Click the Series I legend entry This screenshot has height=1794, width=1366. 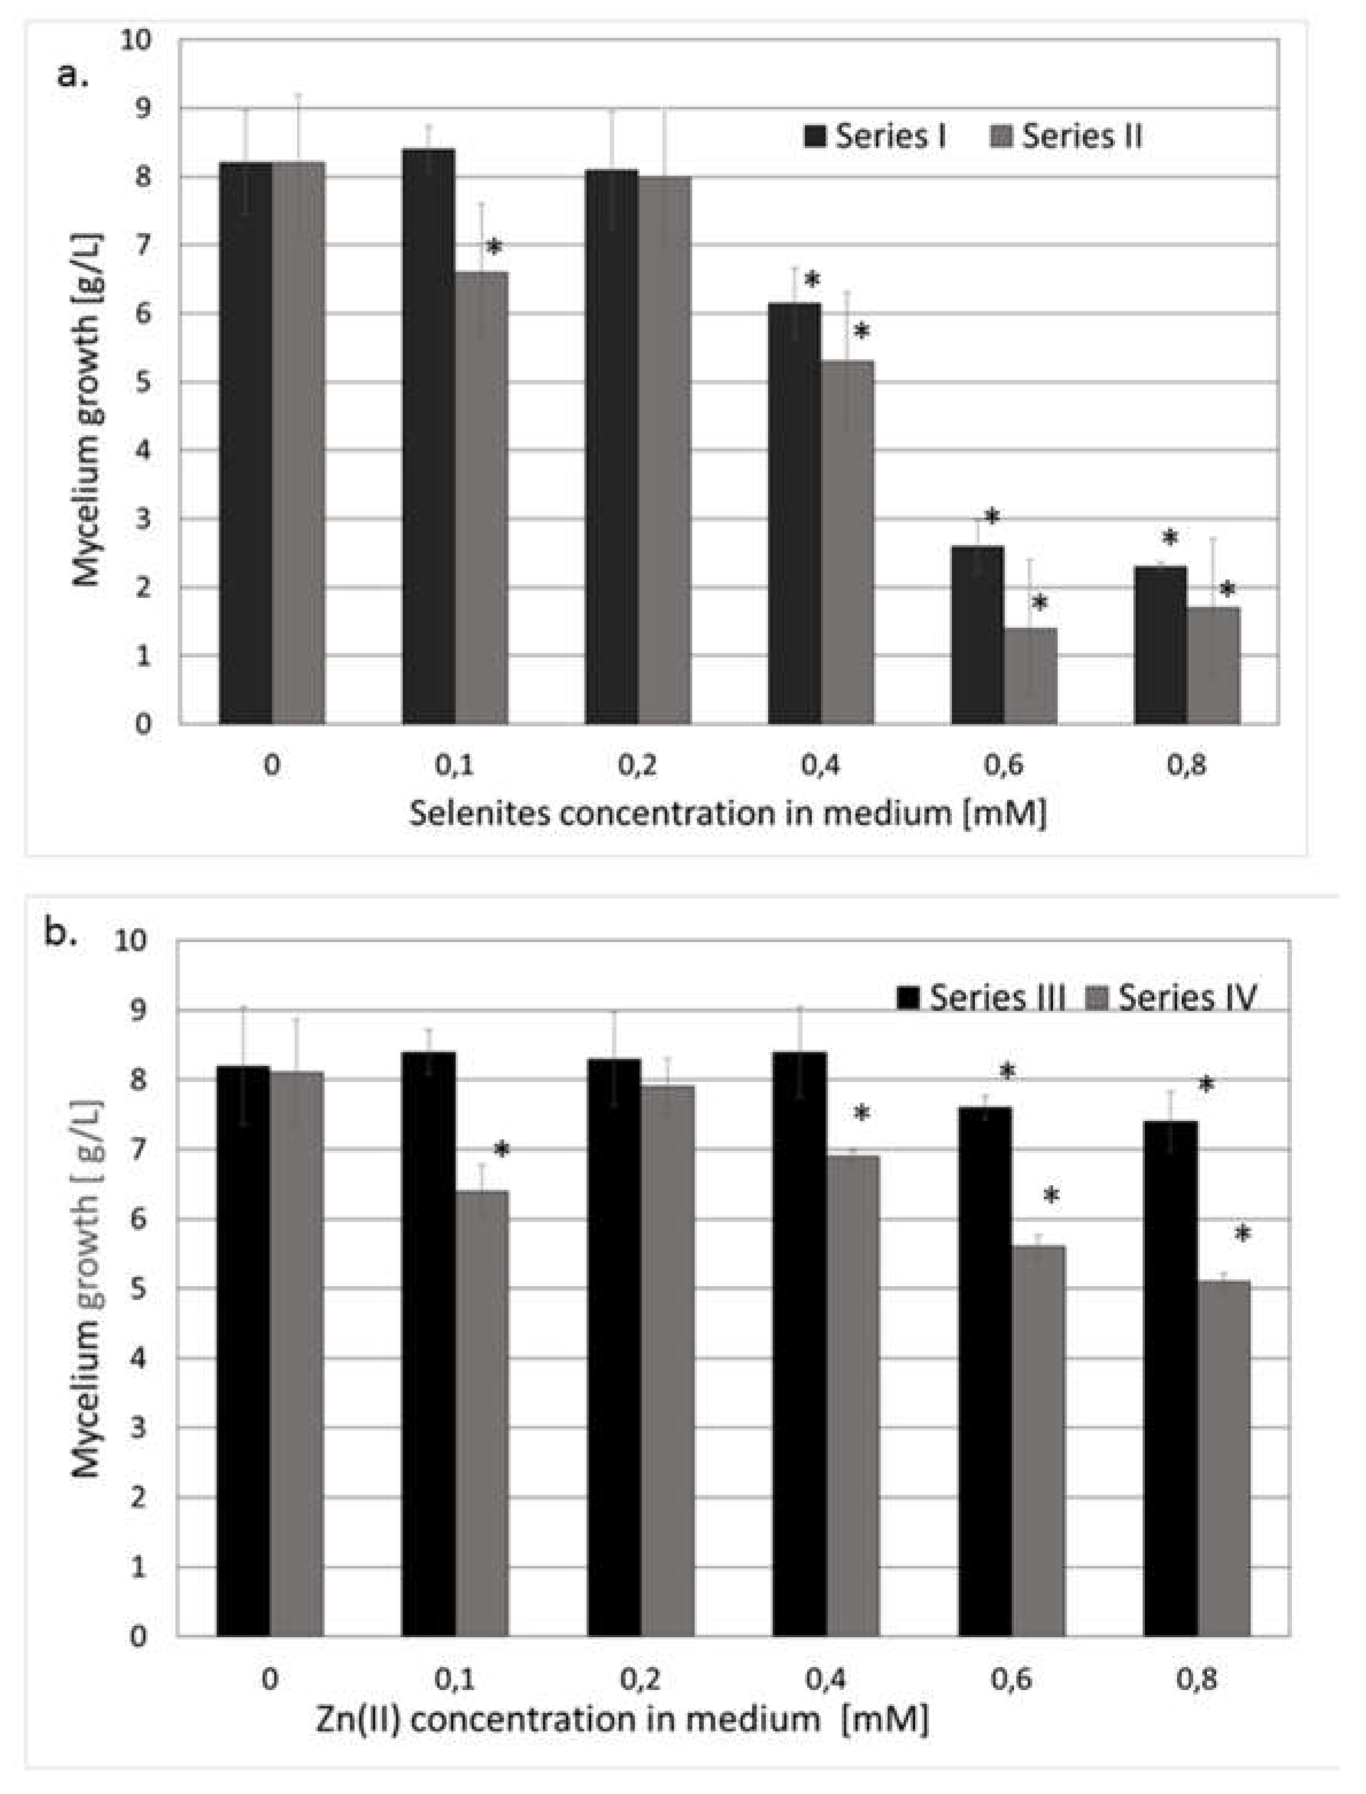pyautogui.click(x=874, y=137)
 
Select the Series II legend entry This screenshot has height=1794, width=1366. pyautogui.click(x=1067, y=137)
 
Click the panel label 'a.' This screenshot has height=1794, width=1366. pyautogui.click(x=72, y=76)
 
